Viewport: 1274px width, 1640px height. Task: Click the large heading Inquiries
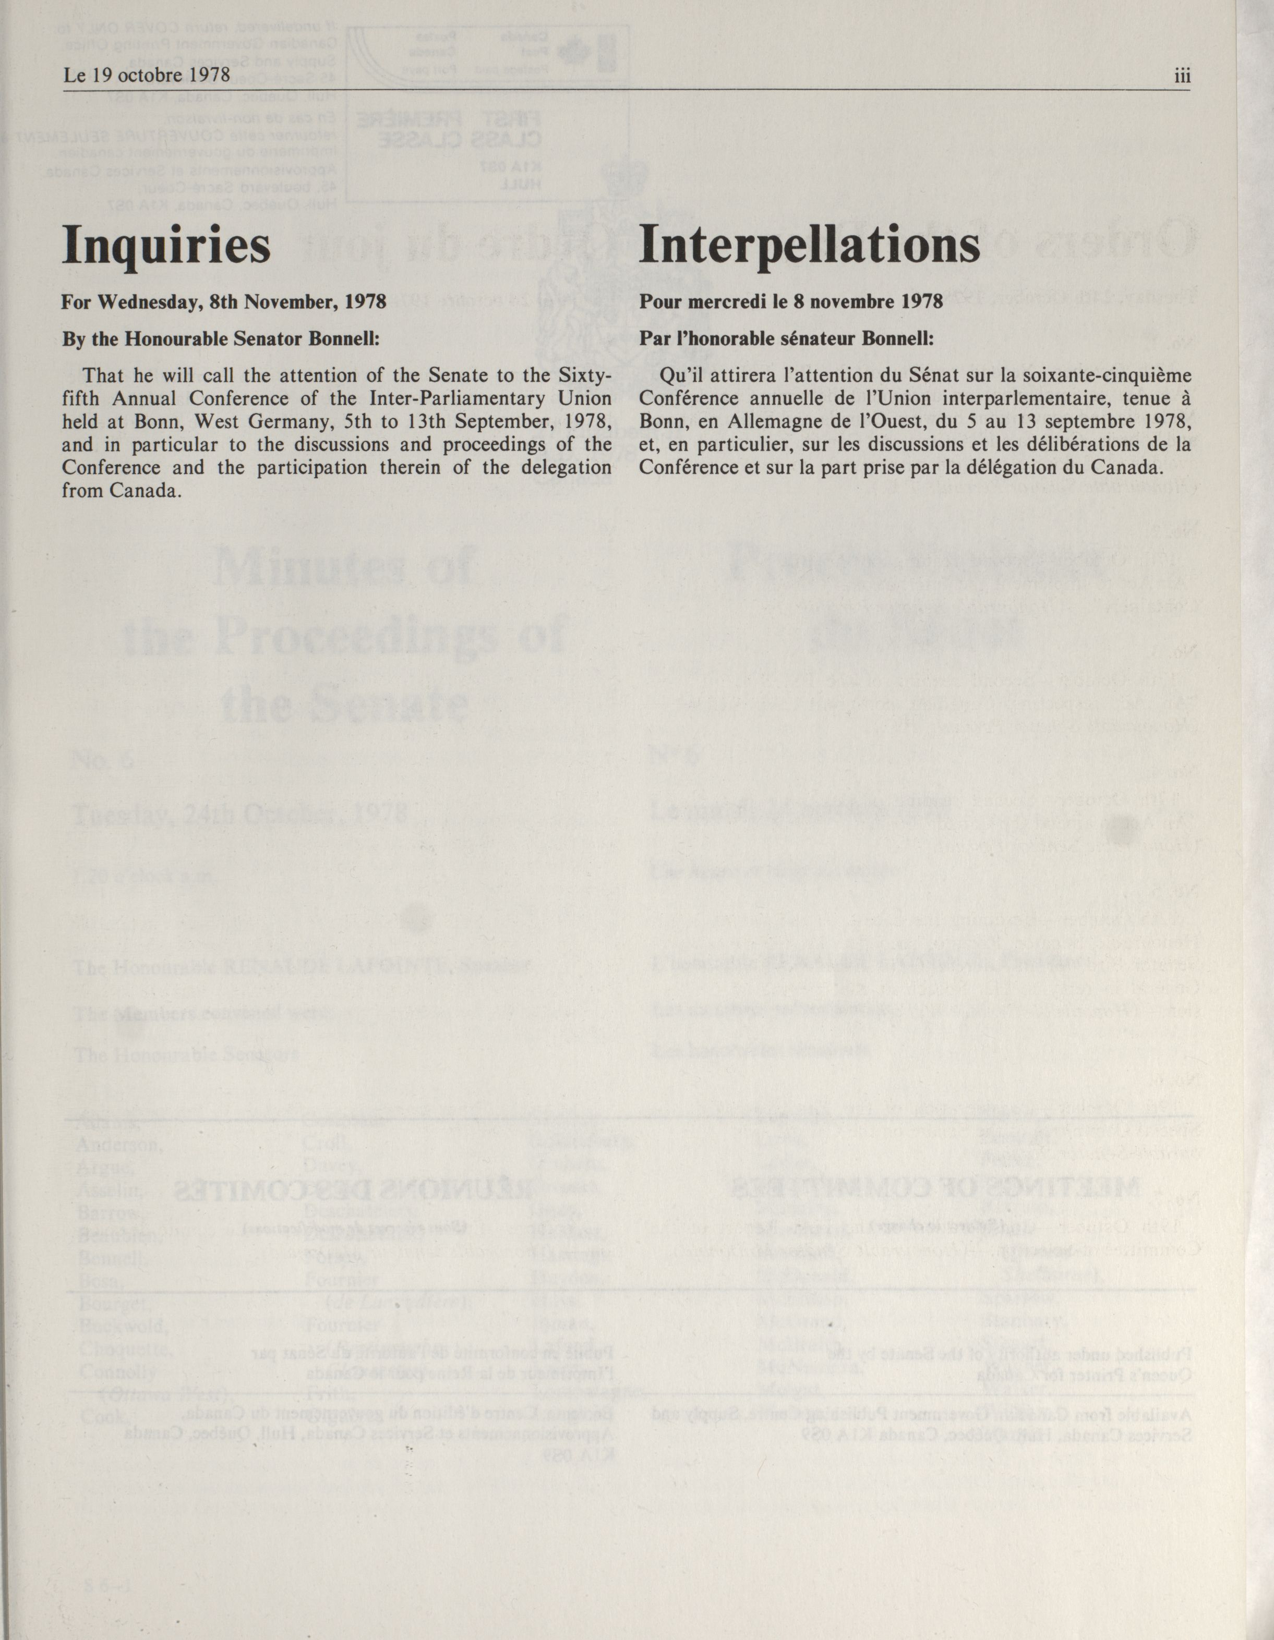166,246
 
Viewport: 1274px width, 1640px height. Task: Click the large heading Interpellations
809,246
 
